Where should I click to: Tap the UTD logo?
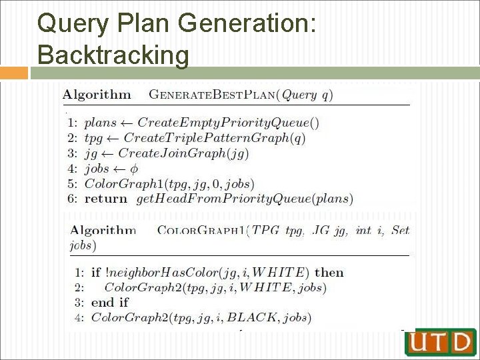point(440,342)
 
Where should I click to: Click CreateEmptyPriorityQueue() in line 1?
point(228,123)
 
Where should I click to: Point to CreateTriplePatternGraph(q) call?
point(215,138)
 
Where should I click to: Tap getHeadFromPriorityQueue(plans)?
point(244,198)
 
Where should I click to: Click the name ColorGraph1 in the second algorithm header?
point(201,231)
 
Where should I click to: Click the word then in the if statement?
point(329,272)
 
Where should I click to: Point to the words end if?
point(110,302)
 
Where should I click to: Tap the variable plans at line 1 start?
point(100,123)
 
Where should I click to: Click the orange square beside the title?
point(14,73)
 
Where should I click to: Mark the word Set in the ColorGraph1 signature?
point(400,231)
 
